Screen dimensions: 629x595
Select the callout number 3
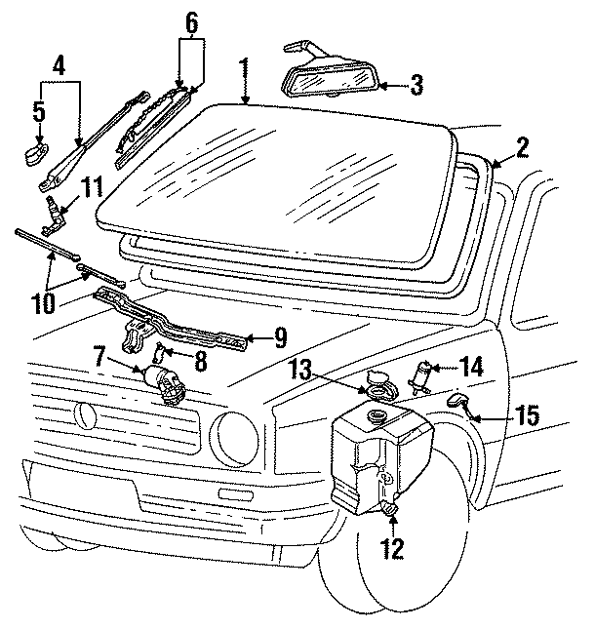pyautogui.click(x=416, y=85)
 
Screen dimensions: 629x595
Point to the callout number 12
pyautogui.click(x=391, y=549)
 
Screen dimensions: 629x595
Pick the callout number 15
pyautogui.click(x=526, y=415)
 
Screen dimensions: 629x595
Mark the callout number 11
pyautogui.click(x=91, y=185)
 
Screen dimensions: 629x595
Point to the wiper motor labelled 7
pyautogui.click(x=166, y=382)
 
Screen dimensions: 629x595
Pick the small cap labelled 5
pyautogui.click(x=36, y=153)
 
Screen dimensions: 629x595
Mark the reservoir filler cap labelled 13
pyautogui.click(x=376, y=384)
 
